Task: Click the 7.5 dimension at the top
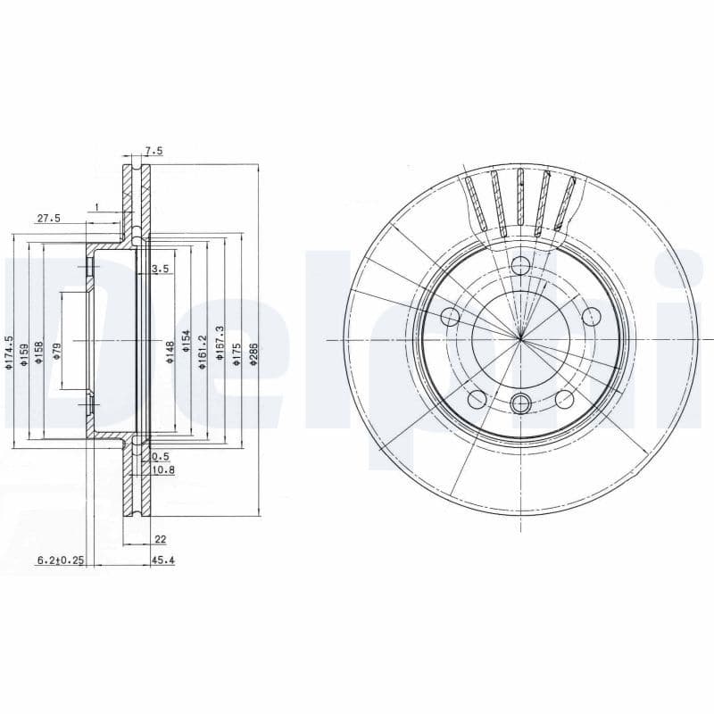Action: tap(154, 152)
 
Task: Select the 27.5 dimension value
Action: tap(48, 219)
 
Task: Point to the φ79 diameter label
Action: tap(56, 350)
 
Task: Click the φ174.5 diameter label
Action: tap(9, 352)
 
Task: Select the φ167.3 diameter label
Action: tap(220, 345)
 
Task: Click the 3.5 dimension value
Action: tap(161, 269)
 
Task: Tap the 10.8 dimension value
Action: tap(163, 469)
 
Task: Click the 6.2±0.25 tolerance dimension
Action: tap(60, 561)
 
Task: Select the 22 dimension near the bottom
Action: tap(161, 539)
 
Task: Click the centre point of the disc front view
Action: tap(520, 339)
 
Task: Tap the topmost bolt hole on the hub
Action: tap(520, 266)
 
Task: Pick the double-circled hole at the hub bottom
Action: tap(520, 404)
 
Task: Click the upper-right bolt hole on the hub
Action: tap(590, 316)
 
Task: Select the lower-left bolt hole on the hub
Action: tap(477, 398)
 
